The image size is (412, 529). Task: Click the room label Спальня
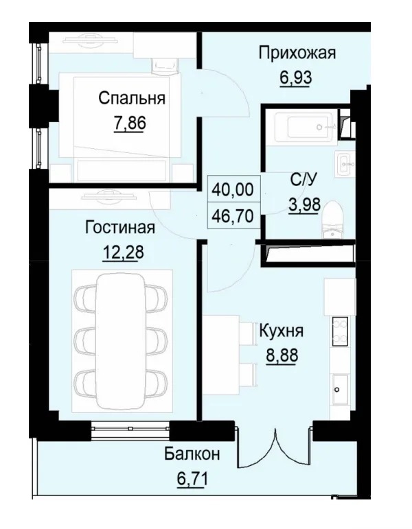click(131, 98)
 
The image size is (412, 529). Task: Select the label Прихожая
click(297, 53)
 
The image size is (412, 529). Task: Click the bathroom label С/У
click(304, 180)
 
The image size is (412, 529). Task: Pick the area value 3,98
click(304, 205)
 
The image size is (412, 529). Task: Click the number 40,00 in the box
click(236, 188)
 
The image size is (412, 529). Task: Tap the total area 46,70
click(236, 215)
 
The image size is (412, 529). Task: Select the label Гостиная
click(120, 227)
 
